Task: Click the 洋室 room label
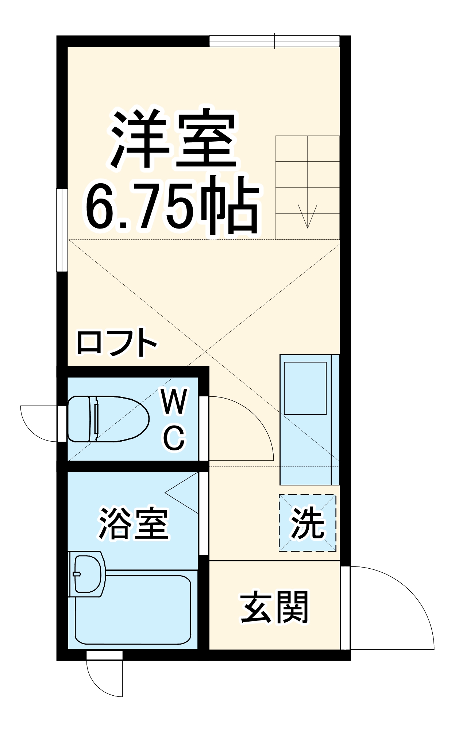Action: pos(174,139)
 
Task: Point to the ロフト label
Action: pos(117,343)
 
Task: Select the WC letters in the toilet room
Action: pos(174,419)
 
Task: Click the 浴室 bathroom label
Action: pos(134,524)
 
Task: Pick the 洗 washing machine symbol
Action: pos(307,523)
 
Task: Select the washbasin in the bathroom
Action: pos(88,573)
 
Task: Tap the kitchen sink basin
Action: pos(305,388)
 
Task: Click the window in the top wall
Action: pos(274,41)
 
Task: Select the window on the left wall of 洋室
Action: pos(62,230)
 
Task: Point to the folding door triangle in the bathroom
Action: pos(182,493)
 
